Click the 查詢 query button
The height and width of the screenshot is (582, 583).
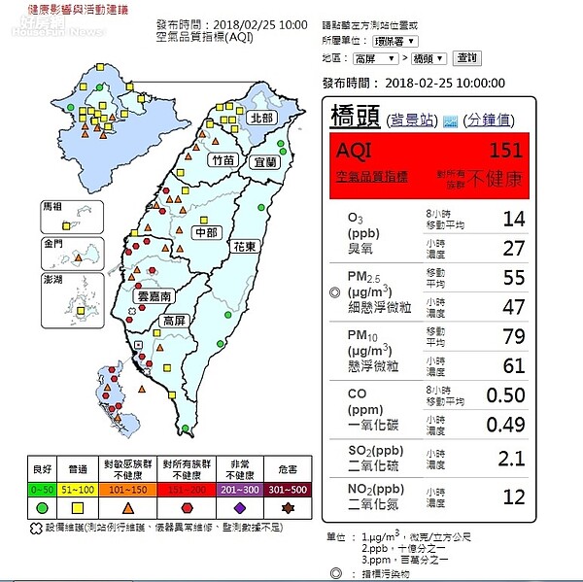(466, 58)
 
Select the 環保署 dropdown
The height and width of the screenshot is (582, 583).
(395, 41)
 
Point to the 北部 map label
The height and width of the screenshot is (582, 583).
(261, 118)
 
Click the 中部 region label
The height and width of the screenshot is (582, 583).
(205, 233)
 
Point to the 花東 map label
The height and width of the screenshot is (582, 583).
(244, 247)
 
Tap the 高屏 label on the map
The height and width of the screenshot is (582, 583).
(175, 321)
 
